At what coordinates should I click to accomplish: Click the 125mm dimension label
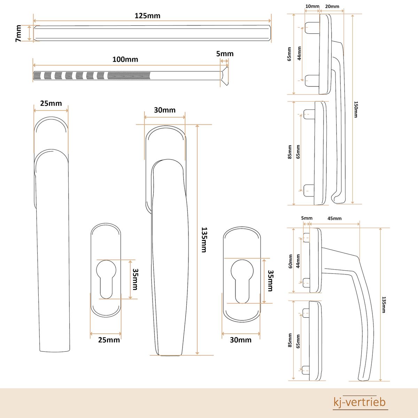click(x=147, y=16)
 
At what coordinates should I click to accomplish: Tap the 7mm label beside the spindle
click(x=18, y=34)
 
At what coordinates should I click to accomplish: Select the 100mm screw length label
click(x=125, y=59)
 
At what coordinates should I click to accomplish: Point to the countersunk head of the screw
click(x=224, y=76)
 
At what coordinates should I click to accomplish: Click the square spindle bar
click(x=152, y=33)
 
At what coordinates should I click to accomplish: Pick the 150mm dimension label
click(x=356, y=109)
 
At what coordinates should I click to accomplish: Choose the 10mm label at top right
click(x=312, y=6)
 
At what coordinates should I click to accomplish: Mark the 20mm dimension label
click(x=332, y=6)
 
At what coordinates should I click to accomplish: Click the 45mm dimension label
click(x=334, y=218)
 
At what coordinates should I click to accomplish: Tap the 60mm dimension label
click(x=290, y=261)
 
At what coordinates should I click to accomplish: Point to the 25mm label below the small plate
click(x=109, y=340)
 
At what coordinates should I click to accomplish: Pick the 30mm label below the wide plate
click(x=240, y=340)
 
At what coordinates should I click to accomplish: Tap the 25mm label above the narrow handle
click(x=51, y=103)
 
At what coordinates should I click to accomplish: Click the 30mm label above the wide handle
click(x=165, y=110)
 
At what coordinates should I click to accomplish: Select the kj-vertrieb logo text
click(x=359, y=402)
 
